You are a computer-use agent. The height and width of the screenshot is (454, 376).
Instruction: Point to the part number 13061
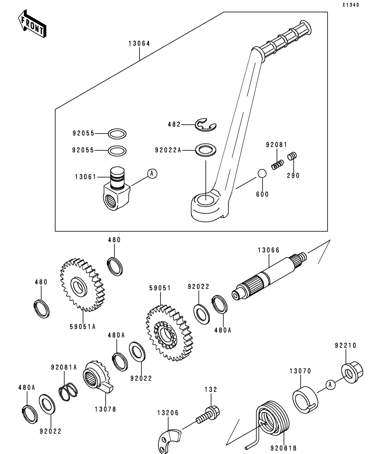coord(85,177)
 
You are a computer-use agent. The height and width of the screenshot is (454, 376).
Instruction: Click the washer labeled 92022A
coord(204,150)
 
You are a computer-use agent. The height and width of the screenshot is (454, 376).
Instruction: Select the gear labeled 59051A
coord(82,285)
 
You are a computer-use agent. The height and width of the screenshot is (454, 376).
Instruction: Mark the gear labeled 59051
coord(169,333)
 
